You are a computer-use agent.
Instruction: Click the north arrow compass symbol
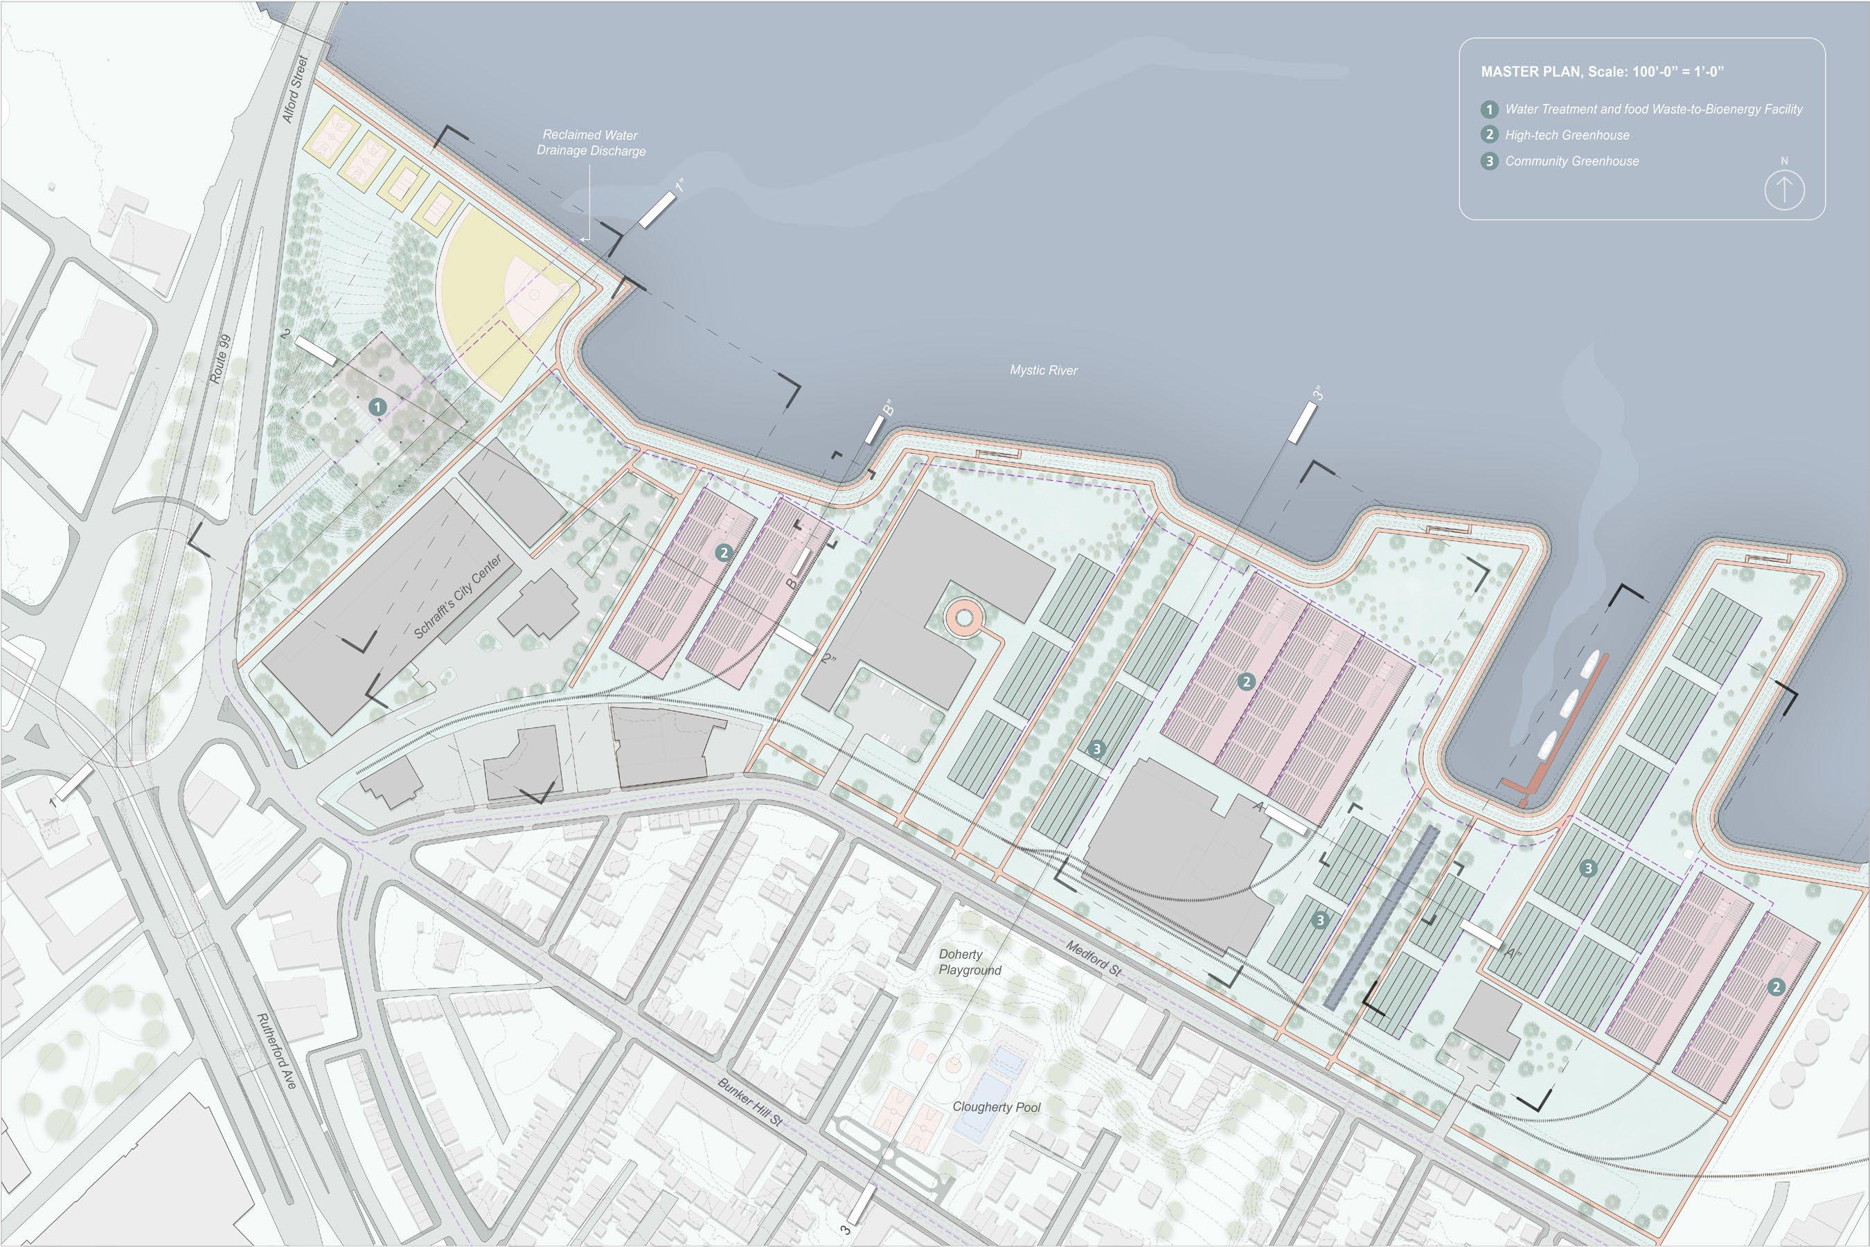(x=1784, y=190)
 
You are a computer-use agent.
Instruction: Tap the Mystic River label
(x=1043, y=370)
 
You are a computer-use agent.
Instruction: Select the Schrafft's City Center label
(x=458, y=597)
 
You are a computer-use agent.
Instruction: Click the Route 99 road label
(x=221, y=359)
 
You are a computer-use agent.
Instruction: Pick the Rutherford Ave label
(x=276, y=1050)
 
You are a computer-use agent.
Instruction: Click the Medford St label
(x=1093, y=959)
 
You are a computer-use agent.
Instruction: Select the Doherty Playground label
(x=969, y=962)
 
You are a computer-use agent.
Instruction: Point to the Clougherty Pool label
(x=996, y=1107)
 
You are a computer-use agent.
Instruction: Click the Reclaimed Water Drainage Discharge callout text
(x=591, y=143)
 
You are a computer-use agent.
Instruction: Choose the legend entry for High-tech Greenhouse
(x=1566, y=135)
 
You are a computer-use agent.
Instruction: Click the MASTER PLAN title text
(x=1602, y=71)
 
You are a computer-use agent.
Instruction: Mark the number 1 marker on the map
(x=377, y=407)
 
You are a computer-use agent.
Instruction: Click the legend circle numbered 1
(x=1489, y=109)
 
